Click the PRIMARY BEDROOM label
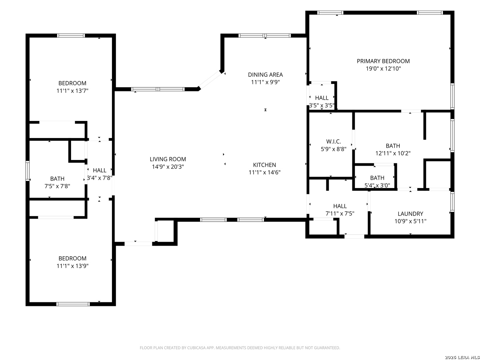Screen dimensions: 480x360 (x=383, y=61)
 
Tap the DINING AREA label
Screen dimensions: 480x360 (x=265, y=75)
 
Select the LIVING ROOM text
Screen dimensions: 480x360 (x=168, y=159)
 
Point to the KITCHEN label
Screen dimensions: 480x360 (x=264, y=165)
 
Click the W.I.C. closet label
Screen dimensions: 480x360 (x=333, y=141)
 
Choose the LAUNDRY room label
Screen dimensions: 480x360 (x=410, y=214)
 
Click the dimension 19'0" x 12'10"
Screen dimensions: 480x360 (x=383, y=69)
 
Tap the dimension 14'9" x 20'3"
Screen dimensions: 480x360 (x=168, y=167)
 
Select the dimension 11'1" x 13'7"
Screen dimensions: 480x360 (x=72, y=90)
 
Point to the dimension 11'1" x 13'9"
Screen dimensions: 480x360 (x=72, y=266)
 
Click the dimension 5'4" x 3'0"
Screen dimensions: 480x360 (x=377, y=185)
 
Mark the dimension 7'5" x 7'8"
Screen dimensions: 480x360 (x=57, y=186)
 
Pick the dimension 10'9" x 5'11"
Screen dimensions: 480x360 (x=410, y=221)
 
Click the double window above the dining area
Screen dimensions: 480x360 (x=264, y=35)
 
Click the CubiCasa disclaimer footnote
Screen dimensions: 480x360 (x=240, y=348)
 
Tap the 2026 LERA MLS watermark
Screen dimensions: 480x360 (x=462, y=357)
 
